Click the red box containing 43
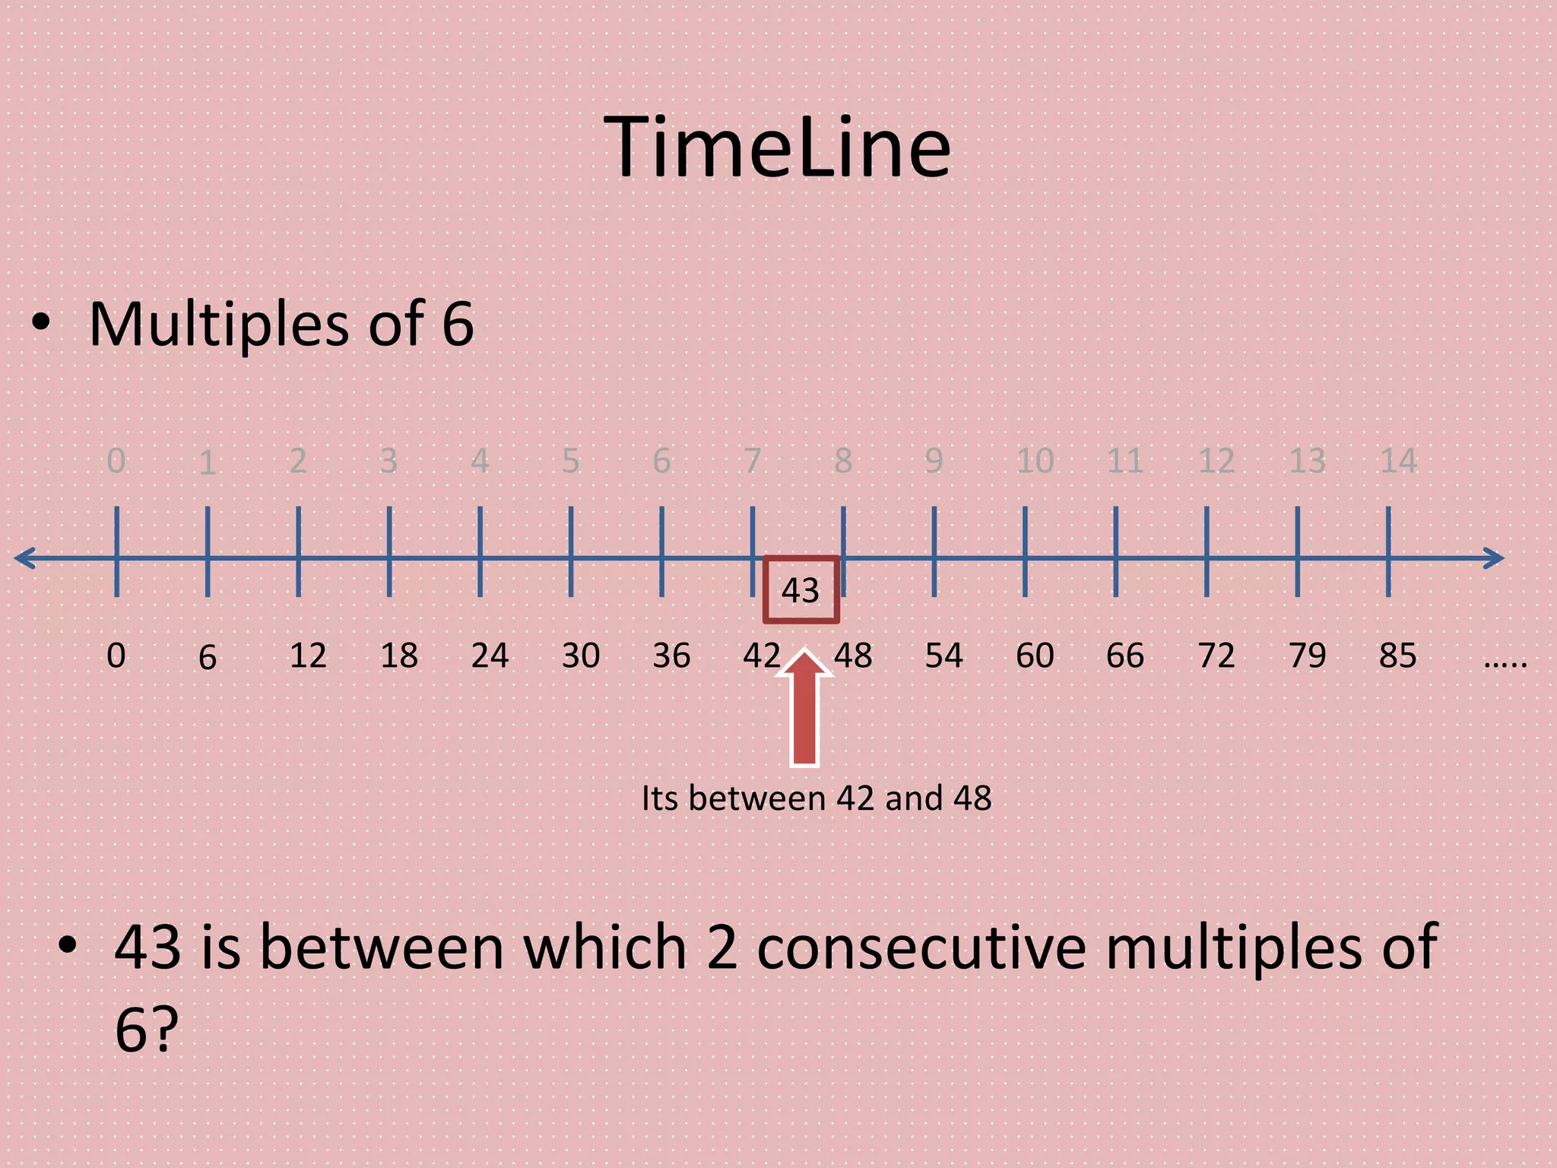pyautogui.click(x=801, y=590)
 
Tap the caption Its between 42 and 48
pyautogui.click(x=817, y=798)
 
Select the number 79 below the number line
pyautogui.click(x=1307, y=655)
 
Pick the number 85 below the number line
pyautogui.click(x=1397, y=655)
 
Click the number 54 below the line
pyautogui.click(x=943, y=655)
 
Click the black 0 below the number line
pyautogui.click(x=116, y=655)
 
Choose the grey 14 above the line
pyautogui.click(x=1398, y=461)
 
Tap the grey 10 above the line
pyautogui.click(x=1035, y=461)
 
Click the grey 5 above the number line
pyautogui.click(x=571, y=461)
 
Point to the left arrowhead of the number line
pyautogui.click(x=24, y=558)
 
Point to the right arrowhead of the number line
pyautogui.click(x=1495, y=558)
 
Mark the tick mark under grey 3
pyautogui.click(x=389, y=551)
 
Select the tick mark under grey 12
pyautogui.click(x=1207, y=551)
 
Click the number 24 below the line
pyautogui.click(x=490, y=655)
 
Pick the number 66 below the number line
pyautogui.click(x=1125, y=655)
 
